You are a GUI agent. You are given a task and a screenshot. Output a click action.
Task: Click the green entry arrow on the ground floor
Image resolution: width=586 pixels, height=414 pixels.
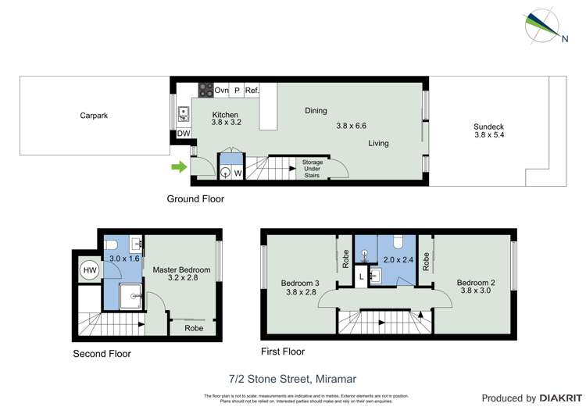point(179,166)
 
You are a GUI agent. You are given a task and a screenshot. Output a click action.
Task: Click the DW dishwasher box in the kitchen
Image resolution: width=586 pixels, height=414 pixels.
point(184,134)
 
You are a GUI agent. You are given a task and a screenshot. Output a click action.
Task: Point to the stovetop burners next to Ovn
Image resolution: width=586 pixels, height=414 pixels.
point(206,91)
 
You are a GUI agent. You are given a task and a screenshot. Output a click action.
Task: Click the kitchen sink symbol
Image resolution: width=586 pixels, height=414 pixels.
point(183,114)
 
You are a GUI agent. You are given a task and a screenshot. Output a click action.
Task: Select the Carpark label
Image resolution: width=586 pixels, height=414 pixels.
point(94,116)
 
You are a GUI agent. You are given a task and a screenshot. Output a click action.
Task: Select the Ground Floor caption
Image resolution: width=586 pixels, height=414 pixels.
point(195,199)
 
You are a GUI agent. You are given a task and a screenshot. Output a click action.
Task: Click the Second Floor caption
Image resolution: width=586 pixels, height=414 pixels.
point(102,354)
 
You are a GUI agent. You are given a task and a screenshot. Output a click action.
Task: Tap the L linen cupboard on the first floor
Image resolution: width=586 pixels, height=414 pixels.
point(360,276)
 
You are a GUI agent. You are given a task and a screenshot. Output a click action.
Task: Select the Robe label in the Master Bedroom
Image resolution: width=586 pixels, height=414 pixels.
point(194,328)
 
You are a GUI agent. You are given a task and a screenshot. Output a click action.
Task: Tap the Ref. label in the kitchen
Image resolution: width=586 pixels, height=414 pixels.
point(252,91)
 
